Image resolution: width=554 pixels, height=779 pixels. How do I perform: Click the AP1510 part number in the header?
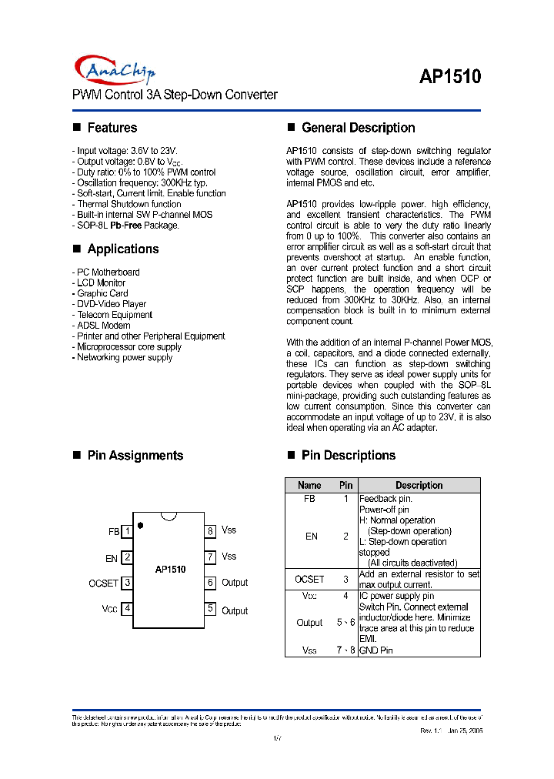pos(450,77)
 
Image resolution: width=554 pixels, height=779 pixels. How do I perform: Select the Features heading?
pos(112,128)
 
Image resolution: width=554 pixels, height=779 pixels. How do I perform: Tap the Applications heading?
pos(122,249)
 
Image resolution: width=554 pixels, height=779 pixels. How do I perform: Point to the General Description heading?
pos(358,128)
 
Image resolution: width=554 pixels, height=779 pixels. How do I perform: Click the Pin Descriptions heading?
pos(349,455)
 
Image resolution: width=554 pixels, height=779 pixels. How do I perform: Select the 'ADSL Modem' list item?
pos(103,326)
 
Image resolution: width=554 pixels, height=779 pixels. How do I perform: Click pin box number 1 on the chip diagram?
pos(127,531)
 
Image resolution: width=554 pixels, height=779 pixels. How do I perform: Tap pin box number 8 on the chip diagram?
pos(209,531)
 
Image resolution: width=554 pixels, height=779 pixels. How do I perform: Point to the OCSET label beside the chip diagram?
pos(104,583)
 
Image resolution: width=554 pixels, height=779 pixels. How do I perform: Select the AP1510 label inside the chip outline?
pos(170,570)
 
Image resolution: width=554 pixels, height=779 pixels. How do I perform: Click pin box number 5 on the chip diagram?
pos(209,609)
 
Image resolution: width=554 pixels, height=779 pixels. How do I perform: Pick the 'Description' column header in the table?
pos(419,486)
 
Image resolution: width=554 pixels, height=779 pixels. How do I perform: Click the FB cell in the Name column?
pos(309,499)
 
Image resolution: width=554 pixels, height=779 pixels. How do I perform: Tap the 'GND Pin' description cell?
pos(376,650)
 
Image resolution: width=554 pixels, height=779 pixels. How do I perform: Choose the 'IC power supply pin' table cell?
pos(396,596)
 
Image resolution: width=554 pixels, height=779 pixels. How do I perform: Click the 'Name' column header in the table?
pos(309,486)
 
